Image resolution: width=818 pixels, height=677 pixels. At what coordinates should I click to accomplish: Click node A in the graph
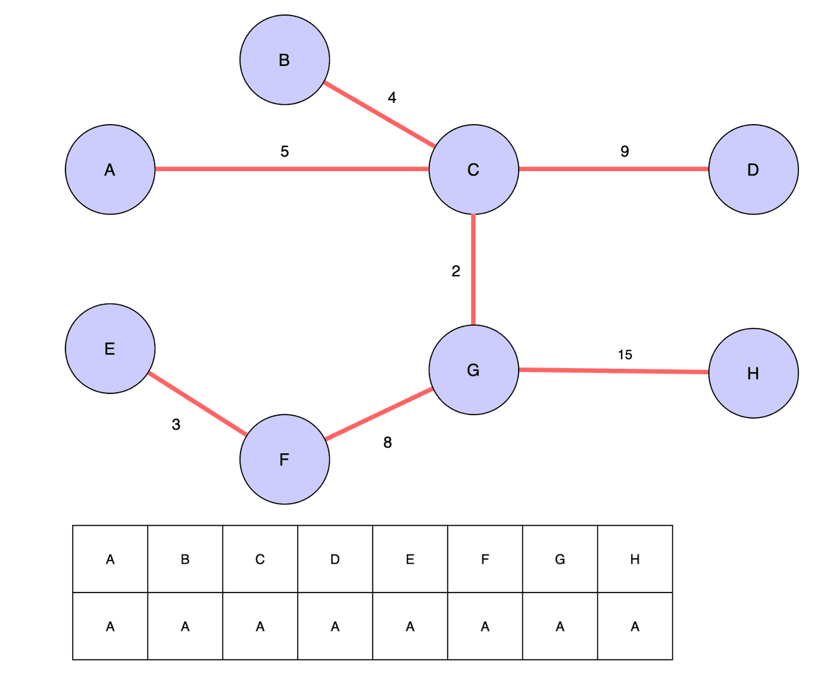coord(110,170)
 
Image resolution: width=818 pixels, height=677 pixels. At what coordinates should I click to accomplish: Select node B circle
coord(284,60)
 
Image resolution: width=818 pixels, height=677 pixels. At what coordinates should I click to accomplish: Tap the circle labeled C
coord(474,170)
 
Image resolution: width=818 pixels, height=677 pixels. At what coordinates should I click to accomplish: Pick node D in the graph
coord(753,170)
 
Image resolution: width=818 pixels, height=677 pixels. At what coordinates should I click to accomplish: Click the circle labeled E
coord(110,349)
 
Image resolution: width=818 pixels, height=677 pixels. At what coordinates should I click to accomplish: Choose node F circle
coord(284,460)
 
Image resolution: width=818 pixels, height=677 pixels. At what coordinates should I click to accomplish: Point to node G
coord(474,370)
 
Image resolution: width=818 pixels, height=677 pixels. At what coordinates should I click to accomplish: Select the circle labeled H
coord(753,373)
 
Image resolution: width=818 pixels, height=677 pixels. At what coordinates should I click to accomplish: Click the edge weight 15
coord(625,355)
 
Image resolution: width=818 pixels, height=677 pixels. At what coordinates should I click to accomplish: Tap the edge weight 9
coord(624,152)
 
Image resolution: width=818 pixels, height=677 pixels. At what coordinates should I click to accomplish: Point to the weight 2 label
coord(456,271)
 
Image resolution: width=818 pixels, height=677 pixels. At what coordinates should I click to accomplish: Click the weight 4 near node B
coord(392,97)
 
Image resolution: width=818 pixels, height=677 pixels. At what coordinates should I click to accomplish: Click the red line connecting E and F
coord(198,404)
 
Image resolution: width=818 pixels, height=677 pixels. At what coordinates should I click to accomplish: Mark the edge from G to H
coord(613,371)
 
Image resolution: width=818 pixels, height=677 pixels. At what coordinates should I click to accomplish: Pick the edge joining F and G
coord(379,415)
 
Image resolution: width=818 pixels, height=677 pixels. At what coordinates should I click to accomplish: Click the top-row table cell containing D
coord(335,559)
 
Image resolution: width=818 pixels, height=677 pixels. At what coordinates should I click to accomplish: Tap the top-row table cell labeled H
coord(635,559)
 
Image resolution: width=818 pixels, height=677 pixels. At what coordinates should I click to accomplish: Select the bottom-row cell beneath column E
coord(410,626)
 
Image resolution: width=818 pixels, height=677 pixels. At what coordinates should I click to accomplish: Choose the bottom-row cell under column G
coord(560,626)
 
